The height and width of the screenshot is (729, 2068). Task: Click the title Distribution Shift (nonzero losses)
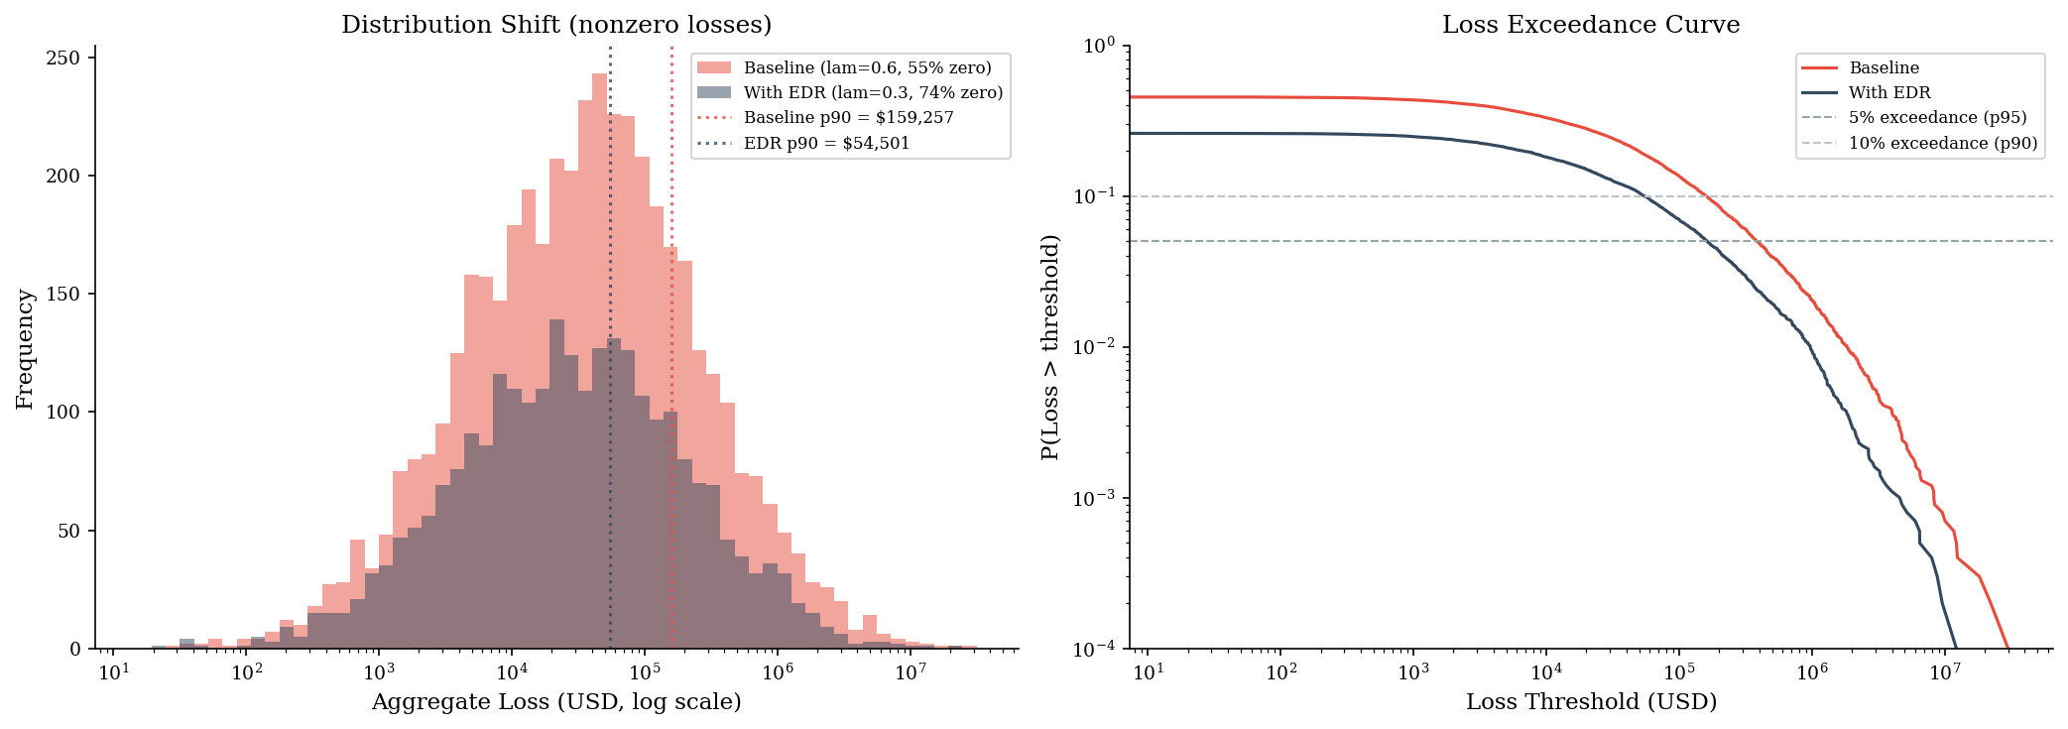coord(556,25)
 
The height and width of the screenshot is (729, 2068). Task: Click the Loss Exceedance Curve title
coord(1591,25)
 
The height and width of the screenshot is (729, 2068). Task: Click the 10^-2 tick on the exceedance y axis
coord(1096,346)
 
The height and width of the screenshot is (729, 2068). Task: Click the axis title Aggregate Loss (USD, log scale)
coord(556,703)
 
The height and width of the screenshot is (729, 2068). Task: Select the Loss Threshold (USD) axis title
coord(1591,703)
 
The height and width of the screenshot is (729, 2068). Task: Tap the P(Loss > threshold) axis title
coord(1050,347)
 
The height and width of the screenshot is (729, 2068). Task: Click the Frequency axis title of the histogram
coord(25,349)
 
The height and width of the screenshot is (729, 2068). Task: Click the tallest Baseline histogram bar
coord(599,361)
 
